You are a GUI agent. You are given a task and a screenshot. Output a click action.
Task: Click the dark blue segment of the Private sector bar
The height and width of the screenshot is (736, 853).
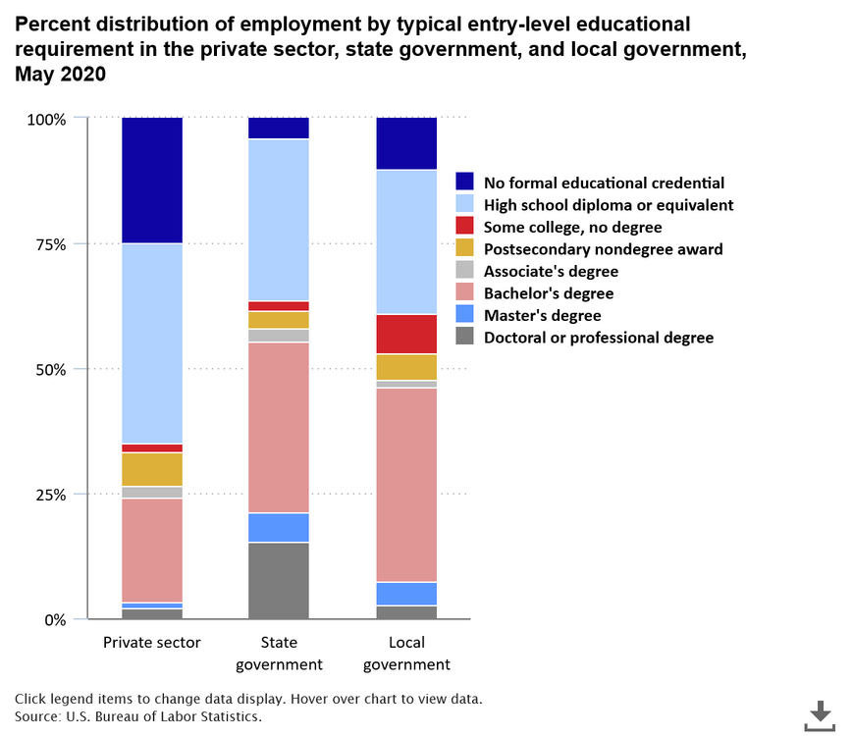click(x=152, y=180)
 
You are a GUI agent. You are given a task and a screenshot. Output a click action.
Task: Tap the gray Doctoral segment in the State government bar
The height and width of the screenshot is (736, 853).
click(x=279, y=580)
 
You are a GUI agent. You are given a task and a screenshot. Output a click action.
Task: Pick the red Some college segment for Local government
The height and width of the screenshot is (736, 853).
click(x=406, y=334)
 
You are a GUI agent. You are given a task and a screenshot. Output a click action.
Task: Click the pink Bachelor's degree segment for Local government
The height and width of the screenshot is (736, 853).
click(x=406, y=485)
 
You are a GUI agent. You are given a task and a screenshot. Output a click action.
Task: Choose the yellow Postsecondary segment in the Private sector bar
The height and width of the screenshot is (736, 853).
click(x=152, y=469)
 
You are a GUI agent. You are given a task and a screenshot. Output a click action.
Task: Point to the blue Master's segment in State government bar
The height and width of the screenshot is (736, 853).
click(x=279, y=527)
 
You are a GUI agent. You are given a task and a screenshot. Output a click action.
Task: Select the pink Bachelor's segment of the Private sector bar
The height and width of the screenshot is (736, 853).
click(x=152, y=550)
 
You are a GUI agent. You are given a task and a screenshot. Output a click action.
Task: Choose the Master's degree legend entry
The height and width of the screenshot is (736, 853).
click(x=541, y=315)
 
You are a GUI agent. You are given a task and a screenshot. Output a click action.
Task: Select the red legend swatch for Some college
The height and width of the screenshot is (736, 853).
click(x=464, y=227)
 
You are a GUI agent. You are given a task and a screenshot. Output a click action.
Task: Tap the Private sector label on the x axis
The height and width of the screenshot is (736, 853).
click(x=152, y=643)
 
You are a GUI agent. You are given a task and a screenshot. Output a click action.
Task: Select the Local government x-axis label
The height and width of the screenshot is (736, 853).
click(x=406, y=654)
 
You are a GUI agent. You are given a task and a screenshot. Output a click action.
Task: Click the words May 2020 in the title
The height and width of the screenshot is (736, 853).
click(x=60, y=75)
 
